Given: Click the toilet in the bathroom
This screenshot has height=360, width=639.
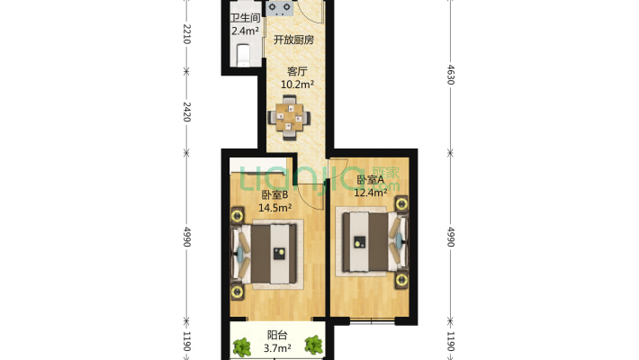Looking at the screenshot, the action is (x=243, y=55).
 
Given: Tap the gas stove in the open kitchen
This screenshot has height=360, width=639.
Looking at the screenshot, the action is (x=279, y=8).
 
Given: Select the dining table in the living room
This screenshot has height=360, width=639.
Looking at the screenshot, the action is (x=289, y=118).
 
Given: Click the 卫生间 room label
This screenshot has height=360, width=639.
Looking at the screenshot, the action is (x=246, y=18).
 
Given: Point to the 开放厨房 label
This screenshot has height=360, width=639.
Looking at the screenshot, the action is (x=293, y=40).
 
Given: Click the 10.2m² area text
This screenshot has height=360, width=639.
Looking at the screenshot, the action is (x=297, y=85).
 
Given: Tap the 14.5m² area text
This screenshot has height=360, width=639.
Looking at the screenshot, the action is (x=275, y=208).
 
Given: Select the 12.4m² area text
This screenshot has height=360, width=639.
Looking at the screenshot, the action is (x=371, y=192).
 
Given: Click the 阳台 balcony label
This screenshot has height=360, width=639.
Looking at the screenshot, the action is (x=277, y=335).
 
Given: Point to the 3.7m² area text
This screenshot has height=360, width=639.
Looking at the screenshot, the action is (x=277, y=348).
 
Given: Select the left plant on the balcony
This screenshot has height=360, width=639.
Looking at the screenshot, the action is (x=242, y=347).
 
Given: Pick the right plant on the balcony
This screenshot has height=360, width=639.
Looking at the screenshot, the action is (x=314, y=346).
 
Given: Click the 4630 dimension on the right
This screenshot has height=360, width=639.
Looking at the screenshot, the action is (x=451, y=74).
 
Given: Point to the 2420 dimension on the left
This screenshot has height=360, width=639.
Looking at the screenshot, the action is (x=186, y=112).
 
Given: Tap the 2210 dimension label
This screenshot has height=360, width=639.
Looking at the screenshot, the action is (x=186, y=34).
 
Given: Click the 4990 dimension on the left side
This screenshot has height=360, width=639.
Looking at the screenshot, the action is (x=186, y=237).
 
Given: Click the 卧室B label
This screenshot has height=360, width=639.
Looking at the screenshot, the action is (x=274, y=195).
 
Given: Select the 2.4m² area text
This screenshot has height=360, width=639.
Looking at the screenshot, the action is (x=246, y=31).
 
